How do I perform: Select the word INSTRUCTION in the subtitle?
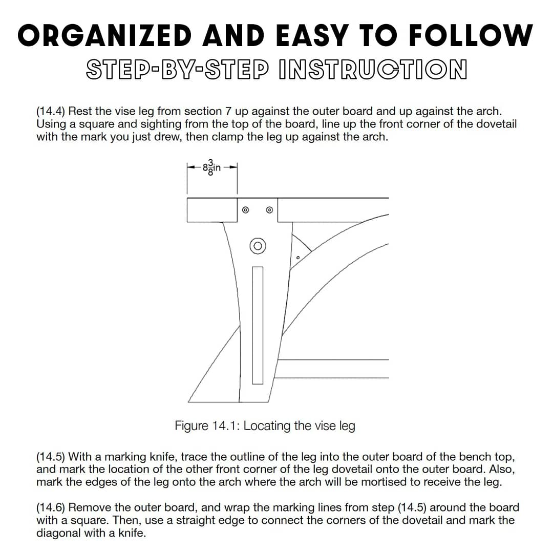373,70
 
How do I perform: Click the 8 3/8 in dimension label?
211,167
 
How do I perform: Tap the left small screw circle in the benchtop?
245,210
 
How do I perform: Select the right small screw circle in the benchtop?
270,210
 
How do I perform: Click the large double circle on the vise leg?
258,246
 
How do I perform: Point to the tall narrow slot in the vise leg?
258,325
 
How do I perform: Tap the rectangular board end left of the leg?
212,210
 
